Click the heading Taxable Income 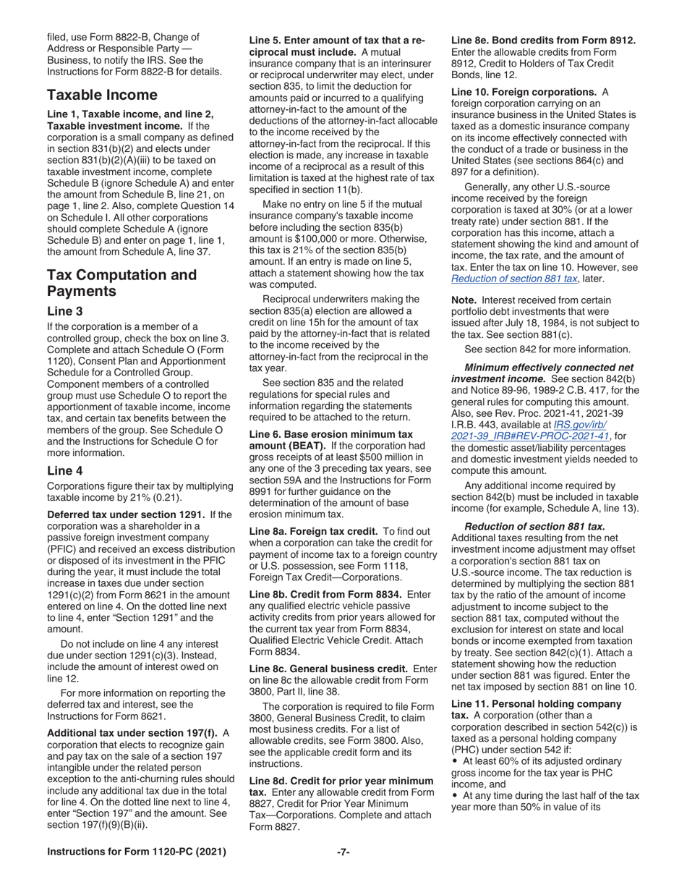[x=102, y=95]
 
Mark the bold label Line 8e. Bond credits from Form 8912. [x=543, y=40]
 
